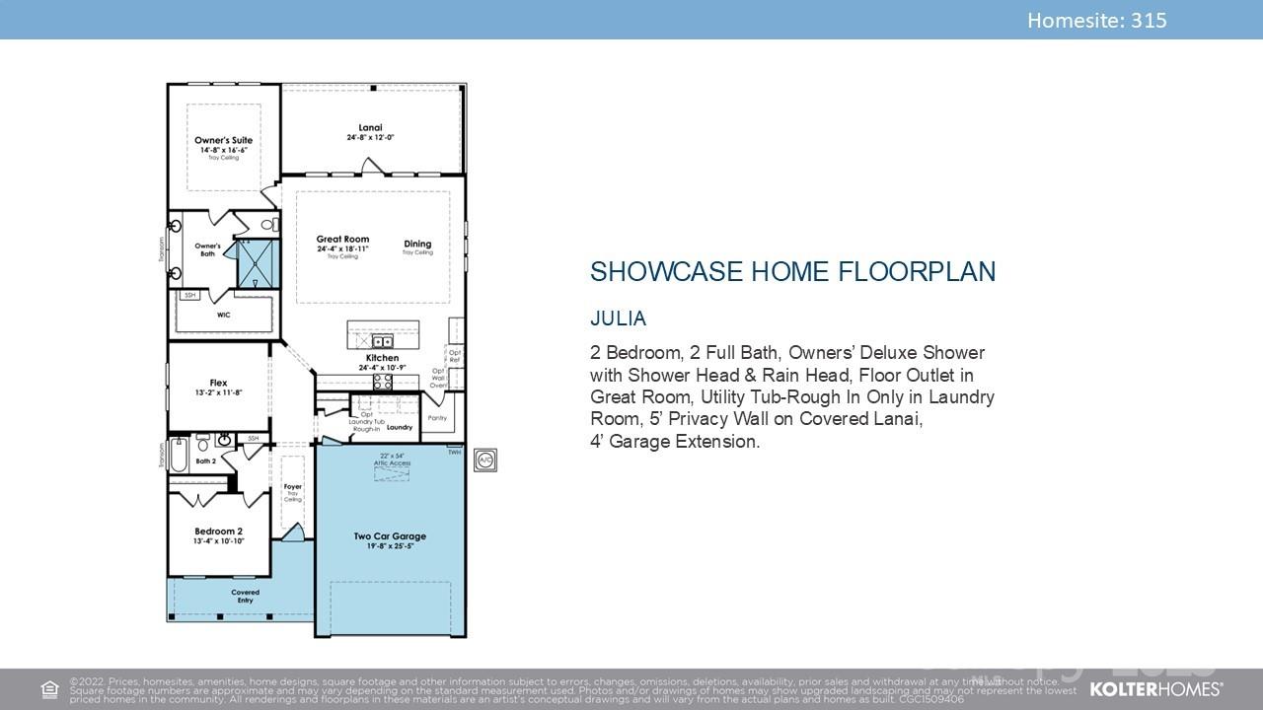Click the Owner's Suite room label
(223, 141)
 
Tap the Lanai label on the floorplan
(370, 128)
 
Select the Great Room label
(342, 240)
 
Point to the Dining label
(417, 244)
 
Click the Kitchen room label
(382, 358)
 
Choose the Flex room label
(218, 383)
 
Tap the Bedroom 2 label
(218, 532)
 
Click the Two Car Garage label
(390, 536)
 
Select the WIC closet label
(224, 316)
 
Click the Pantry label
(437, 418)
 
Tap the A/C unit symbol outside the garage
(484, 461)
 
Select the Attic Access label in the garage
(392, 462)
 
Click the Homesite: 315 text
(1096, 20)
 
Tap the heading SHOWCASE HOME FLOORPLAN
(792, 272)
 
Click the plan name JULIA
(618, 319)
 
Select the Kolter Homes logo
(1155, 688)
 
